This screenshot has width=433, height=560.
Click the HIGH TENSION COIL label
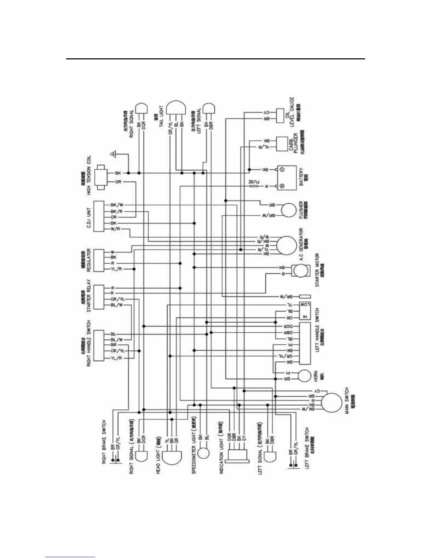89,175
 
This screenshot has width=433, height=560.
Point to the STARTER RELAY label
89,296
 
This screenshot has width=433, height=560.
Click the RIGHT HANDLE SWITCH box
99,345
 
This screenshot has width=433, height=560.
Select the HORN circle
304,375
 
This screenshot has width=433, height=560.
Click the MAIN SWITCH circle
332,402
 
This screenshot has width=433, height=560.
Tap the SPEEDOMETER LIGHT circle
204,453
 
